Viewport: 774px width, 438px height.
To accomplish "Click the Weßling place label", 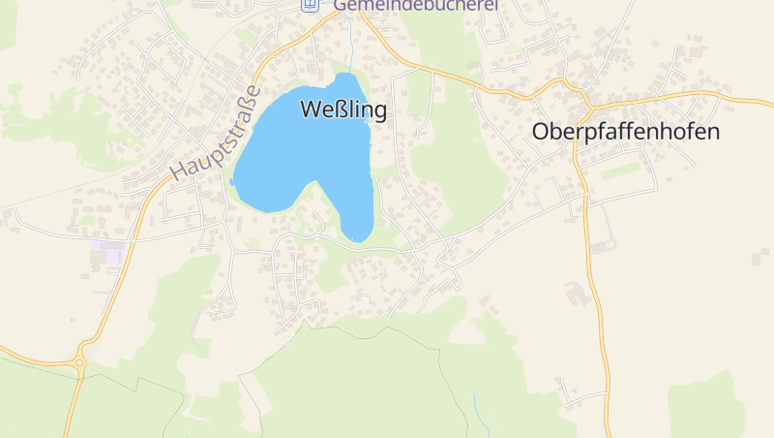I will point(343,109).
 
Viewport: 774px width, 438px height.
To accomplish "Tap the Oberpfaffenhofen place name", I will point(626,133).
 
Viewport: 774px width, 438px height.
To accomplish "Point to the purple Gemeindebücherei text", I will point(416,5).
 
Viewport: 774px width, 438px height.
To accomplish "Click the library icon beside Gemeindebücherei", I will point(310,5).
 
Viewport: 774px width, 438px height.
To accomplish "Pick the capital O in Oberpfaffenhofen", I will point(542,133).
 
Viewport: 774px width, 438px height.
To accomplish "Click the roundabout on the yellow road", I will point(79,363).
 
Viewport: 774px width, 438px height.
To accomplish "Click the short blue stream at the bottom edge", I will point(475,406).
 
